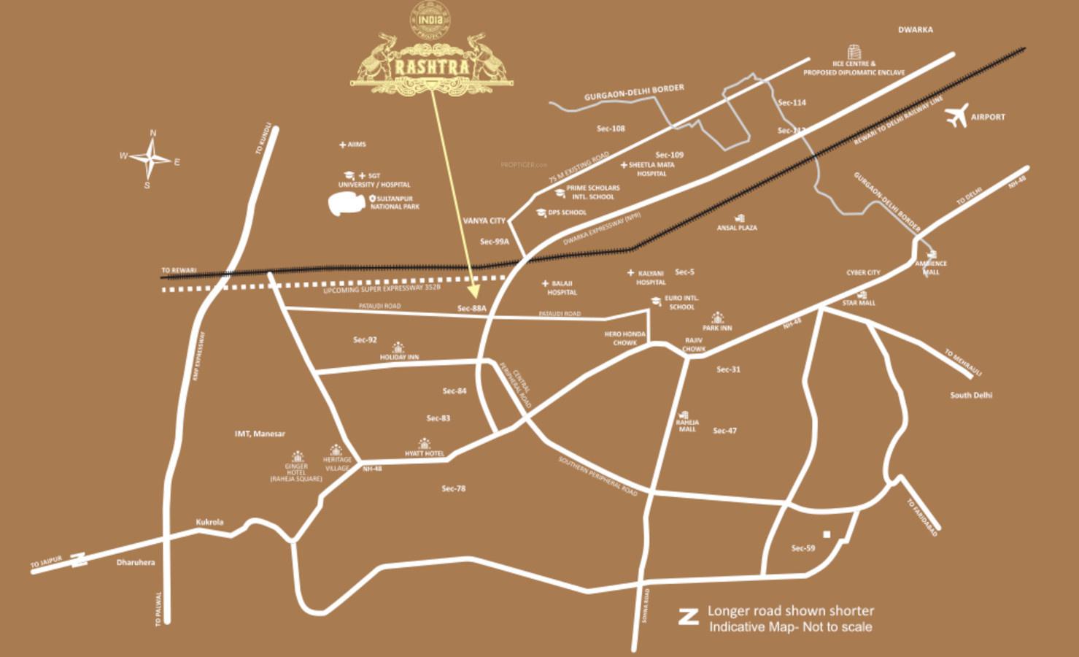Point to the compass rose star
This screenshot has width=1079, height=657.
click(x=151, y=158)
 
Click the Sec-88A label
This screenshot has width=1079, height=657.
click(x=471, y=309)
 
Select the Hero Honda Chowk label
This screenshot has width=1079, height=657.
click(x=624, y=338)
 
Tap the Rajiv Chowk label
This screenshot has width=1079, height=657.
click(x=694, y=345)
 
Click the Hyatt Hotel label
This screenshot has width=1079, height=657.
click(x=424, y=453)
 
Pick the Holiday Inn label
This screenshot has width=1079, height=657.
click(x=399, y=357)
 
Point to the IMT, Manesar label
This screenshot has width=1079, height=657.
click(x=260, y=434)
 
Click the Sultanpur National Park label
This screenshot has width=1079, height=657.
click(x=395, y=202)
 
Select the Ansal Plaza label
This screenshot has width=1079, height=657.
click(x=737, y=228)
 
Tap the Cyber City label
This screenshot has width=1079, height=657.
click(x=863, y=272)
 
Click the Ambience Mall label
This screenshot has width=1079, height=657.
click(x=931, y=267)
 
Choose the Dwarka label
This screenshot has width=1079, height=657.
click(x=915, y=30)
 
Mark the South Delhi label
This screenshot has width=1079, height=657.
click(x=971, y=395)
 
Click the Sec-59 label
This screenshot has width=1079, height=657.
click(x=803, y=547)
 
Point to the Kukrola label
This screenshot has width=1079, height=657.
click(x=209, y=522)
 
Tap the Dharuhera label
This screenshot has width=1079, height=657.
click(x=136, y=562)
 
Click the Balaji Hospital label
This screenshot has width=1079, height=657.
click(x=562, y=288)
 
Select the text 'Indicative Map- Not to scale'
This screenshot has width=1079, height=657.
click(x=790, y=626)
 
